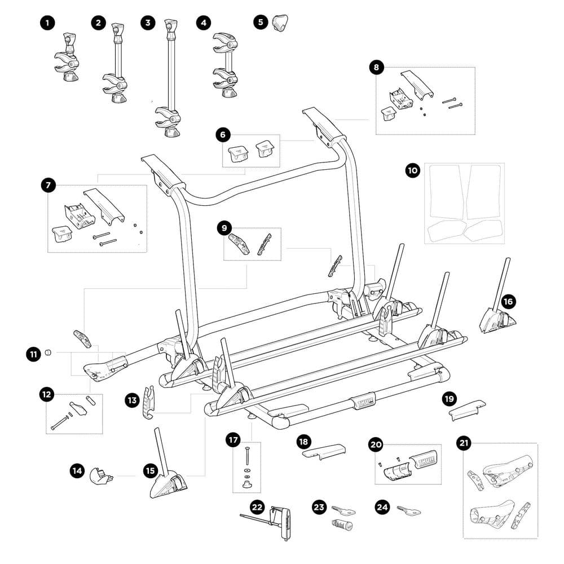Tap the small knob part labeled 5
click(280, 23)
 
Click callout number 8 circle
click(377, 68)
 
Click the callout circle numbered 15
click(150, 469)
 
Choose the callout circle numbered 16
click(508, 301)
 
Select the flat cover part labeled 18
click(323, 451)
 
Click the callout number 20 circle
click(376, 444)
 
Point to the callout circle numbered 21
click(464, 444)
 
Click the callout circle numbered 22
click(258, 507)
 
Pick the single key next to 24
click(409, 511)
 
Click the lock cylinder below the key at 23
click(342, 526)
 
